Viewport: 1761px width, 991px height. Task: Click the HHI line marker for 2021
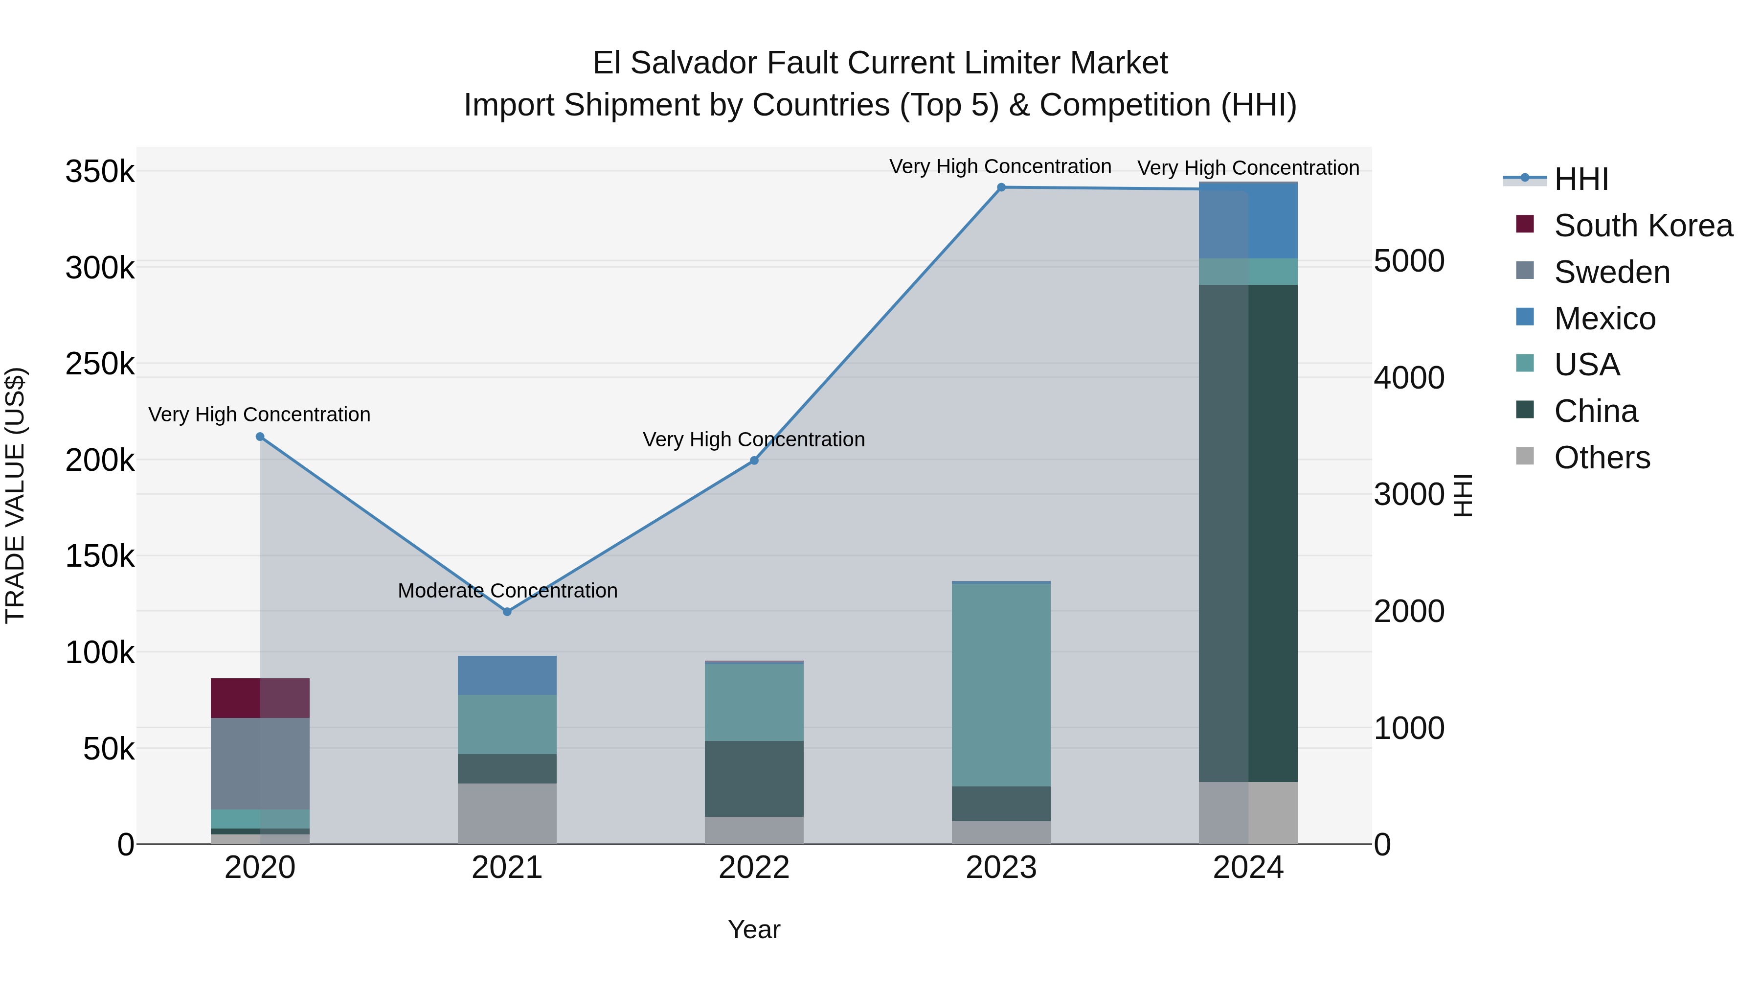point(507,611)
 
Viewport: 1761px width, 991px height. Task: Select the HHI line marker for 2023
point(1001,187)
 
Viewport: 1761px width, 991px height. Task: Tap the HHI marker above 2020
point(260,437)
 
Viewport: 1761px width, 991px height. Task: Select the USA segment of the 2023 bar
point(1001,685)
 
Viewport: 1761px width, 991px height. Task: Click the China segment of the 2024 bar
point(1248,533)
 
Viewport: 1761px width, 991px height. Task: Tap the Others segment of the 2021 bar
point(507,813)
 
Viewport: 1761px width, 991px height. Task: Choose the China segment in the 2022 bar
point(754,778)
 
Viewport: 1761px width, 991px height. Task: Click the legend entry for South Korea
point(1643,226)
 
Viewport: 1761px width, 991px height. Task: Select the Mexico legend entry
point(1604,319)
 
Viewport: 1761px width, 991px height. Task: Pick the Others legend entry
point(1602,458)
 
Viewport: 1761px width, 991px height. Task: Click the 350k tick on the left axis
point(100,171)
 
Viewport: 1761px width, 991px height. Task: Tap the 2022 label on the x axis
point(754,868)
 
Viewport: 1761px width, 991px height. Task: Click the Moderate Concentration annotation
point(507,591)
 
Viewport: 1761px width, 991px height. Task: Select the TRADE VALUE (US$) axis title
point(15,495)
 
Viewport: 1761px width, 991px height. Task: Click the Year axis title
point(754,929)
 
